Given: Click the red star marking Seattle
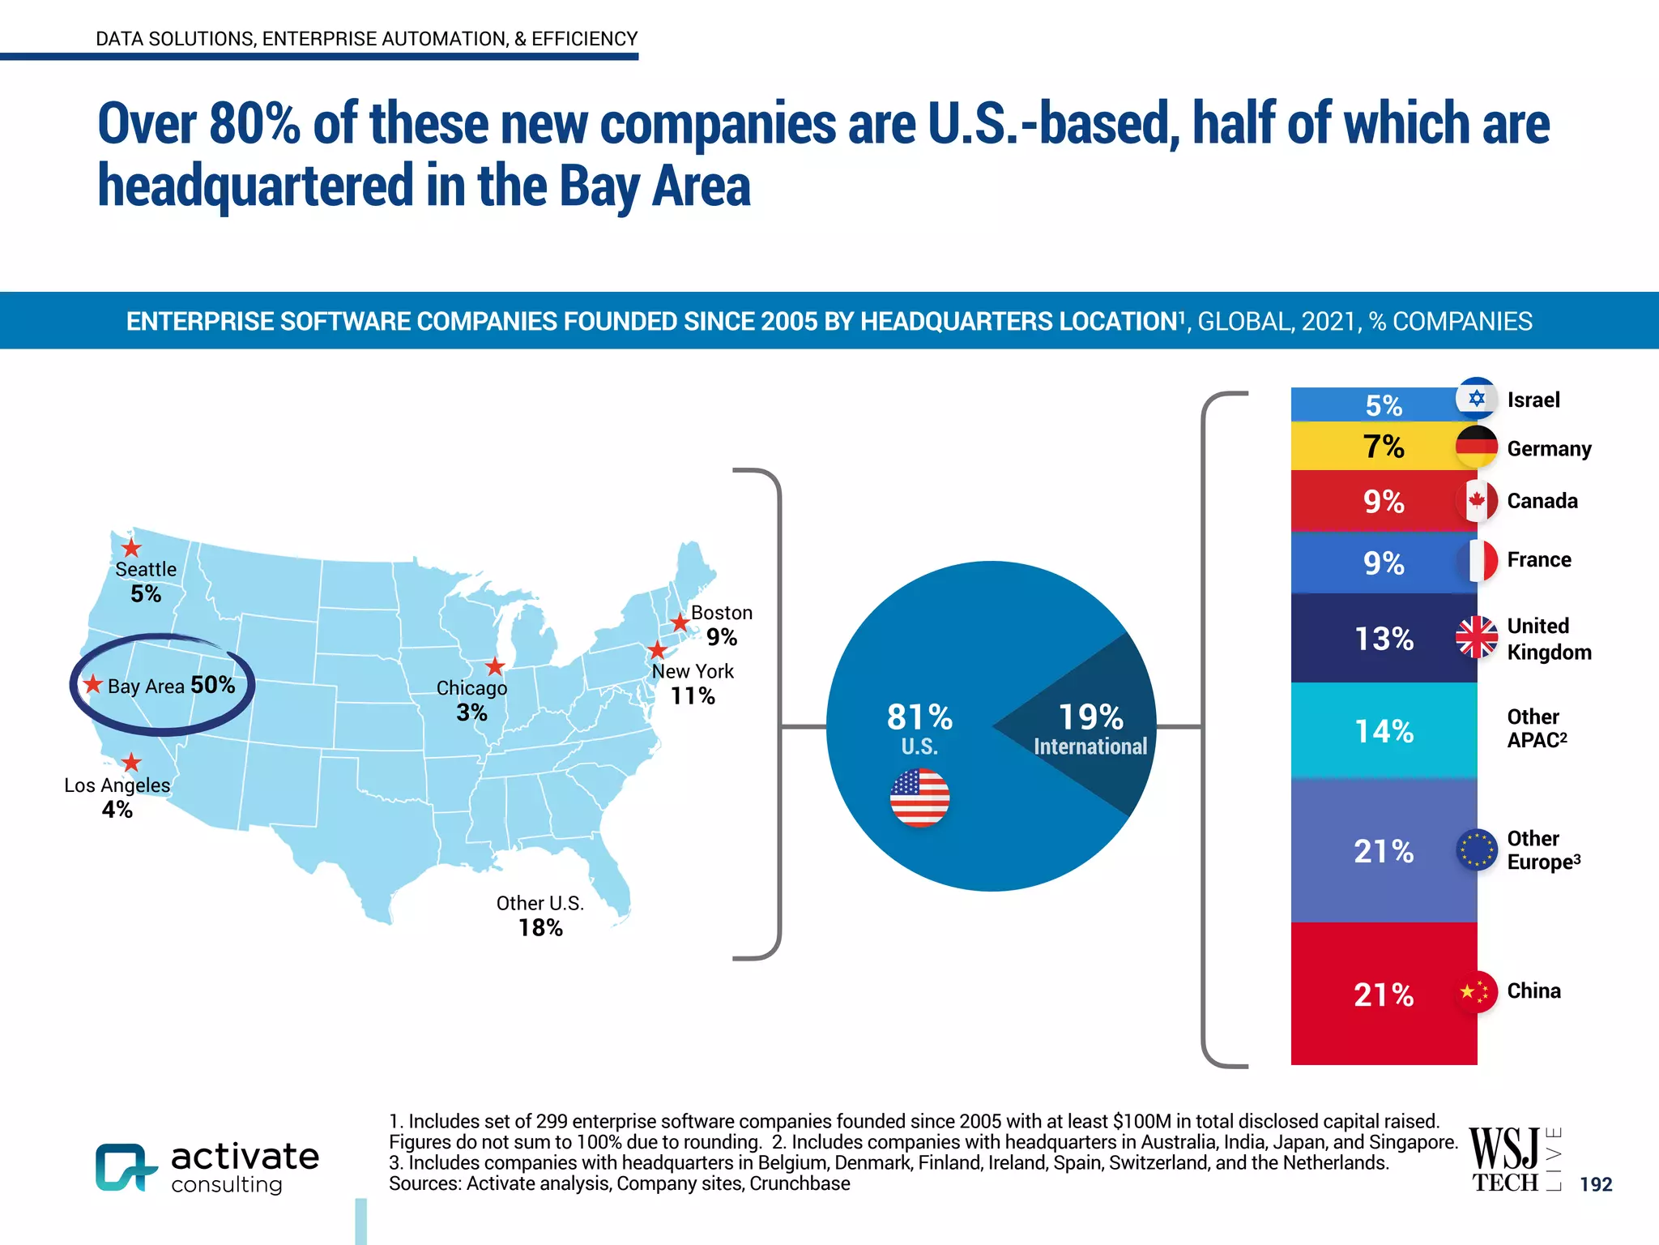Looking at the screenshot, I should pyautogui.click(x=131, y=548).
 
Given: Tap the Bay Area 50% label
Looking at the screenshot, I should pyautogui.click(x=171, y=686).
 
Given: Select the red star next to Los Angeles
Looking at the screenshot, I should pyautogui.click(x=131, y=762).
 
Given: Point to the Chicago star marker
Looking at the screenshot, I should pyautogui.click(x=495, y=666).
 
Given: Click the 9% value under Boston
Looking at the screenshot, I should pyautogui.click(x=721, y=637).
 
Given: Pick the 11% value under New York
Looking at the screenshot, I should pyautogui.click(x=693, y=695).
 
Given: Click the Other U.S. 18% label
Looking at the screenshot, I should pyautogui.click(x=540, y=916).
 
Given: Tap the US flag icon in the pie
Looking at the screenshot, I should pyautogui.click(x=919, y=798).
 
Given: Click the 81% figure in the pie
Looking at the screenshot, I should pyautogui.click(x=919, y=717).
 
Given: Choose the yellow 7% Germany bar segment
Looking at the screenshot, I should pyautogui.click(x=1383, y=447).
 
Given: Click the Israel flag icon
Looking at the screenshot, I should pyautogui.click(x=1476, y=398).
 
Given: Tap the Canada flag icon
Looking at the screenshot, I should pyautogui.click(x=1476, y=500).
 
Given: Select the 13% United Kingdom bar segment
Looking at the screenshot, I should pyautogui.click(x=1383, y=639).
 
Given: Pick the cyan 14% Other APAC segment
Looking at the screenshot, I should pyautogui.click(x=1383, y=731).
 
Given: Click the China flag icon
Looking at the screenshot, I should pyautogui.click(x=1476, y=990).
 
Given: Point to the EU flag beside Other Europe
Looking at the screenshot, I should pyautogui.click(x=1476, y=849).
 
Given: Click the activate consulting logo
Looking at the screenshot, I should pyautogui.click(x=207, y=1167).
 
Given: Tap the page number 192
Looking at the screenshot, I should pyautogui.click(x=1596, y=1184).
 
